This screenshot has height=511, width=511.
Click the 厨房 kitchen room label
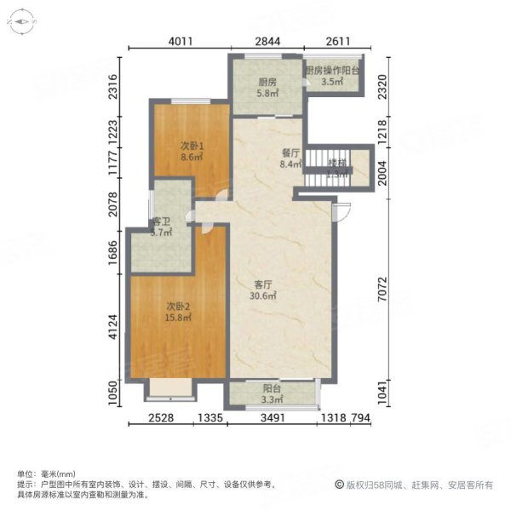click(x=267, y=83)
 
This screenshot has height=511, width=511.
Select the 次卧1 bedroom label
click(x=192, y=146)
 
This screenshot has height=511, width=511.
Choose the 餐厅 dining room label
click(x=291, y=154)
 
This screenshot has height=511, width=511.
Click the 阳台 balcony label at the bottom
click(x=271, y=388)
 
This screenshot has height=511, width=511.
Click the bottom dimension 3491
click(x=273, y=418)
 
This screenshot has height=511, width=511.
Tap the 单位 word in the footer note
click(x=26, y=474)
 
